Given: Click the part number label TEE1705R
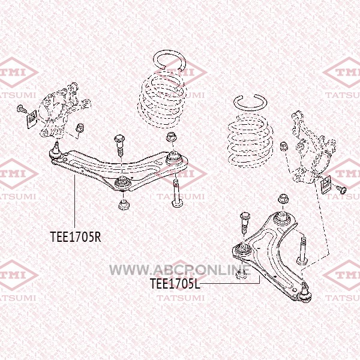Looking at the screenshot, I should [x=75, y=236].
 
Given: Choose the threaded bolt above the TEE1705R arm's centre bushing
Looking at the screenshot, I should [x=119, y=146].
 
